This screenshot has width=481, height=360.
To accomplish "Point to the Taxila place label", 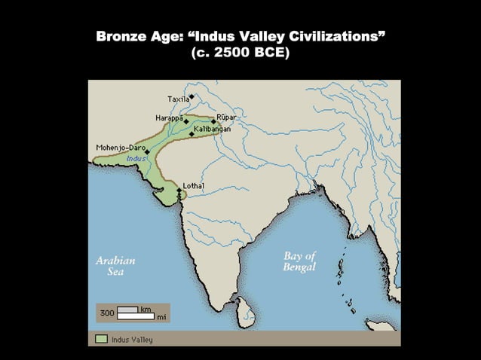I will pyautogui.click(x=178, y=99).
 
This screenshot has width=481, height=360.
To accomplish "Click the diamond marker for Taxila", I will pyautogui.click(x=192, y=96).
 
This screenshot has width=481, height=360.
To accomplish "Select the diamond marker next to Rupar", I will pyautogui.click(x=213, y=121).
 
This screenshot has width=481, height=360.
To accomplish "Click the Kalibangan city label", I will pyautogui.click(x=212, y=130).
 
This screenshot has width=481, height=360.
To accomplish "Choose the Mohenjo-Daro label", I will pyautogui.click(x=120, y=147).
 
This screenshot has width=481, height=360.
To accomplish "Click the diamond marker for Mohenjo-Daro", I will pyautogui.click(x=148, y=151).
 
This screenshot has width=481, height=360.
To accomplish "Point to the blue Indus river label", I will pyautogui.click(x=136, y=158).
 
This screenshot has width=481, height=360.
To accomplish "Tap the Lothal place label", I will pyautogui.click(x=193, y=185).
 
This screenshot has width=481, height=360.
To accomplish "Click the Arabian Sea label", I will pyautogui.click(x=115, y=266).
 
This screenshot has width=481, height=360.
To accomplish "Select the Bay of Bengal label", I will pyautogui.click(x=299, y=261).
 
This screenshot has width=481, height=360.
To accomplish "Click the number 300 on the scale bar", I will pyautogui.click(x=106, y=313).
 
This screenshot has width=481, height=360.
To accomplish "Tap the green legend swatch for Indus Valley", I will pyautogui.click(x=102, y=339).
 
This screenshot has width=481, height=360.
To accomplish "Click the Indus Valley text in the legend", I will pyautogui.click(x=132, y=340).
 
